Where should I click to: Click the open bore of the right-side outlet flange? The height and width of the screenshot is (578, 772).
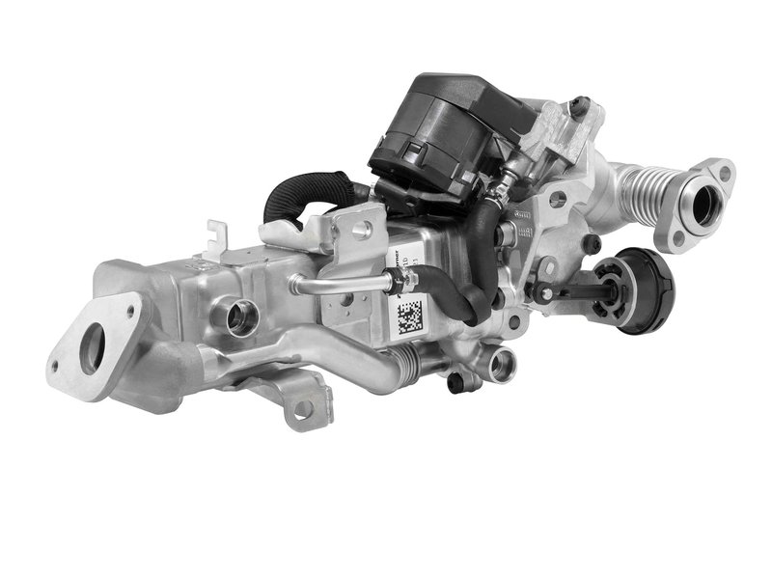(703, 204)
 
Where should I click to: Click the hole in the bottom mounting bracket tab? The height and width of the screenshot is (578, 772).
(302, 409)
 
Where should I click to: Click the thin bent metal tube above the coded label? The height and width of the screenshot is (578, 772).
(338, 282)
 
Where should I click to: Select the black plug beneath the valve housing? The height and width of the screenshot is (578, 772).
(462, 380)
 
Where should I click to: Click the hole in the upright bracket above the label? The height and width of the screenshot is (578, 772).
(363, 231)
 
